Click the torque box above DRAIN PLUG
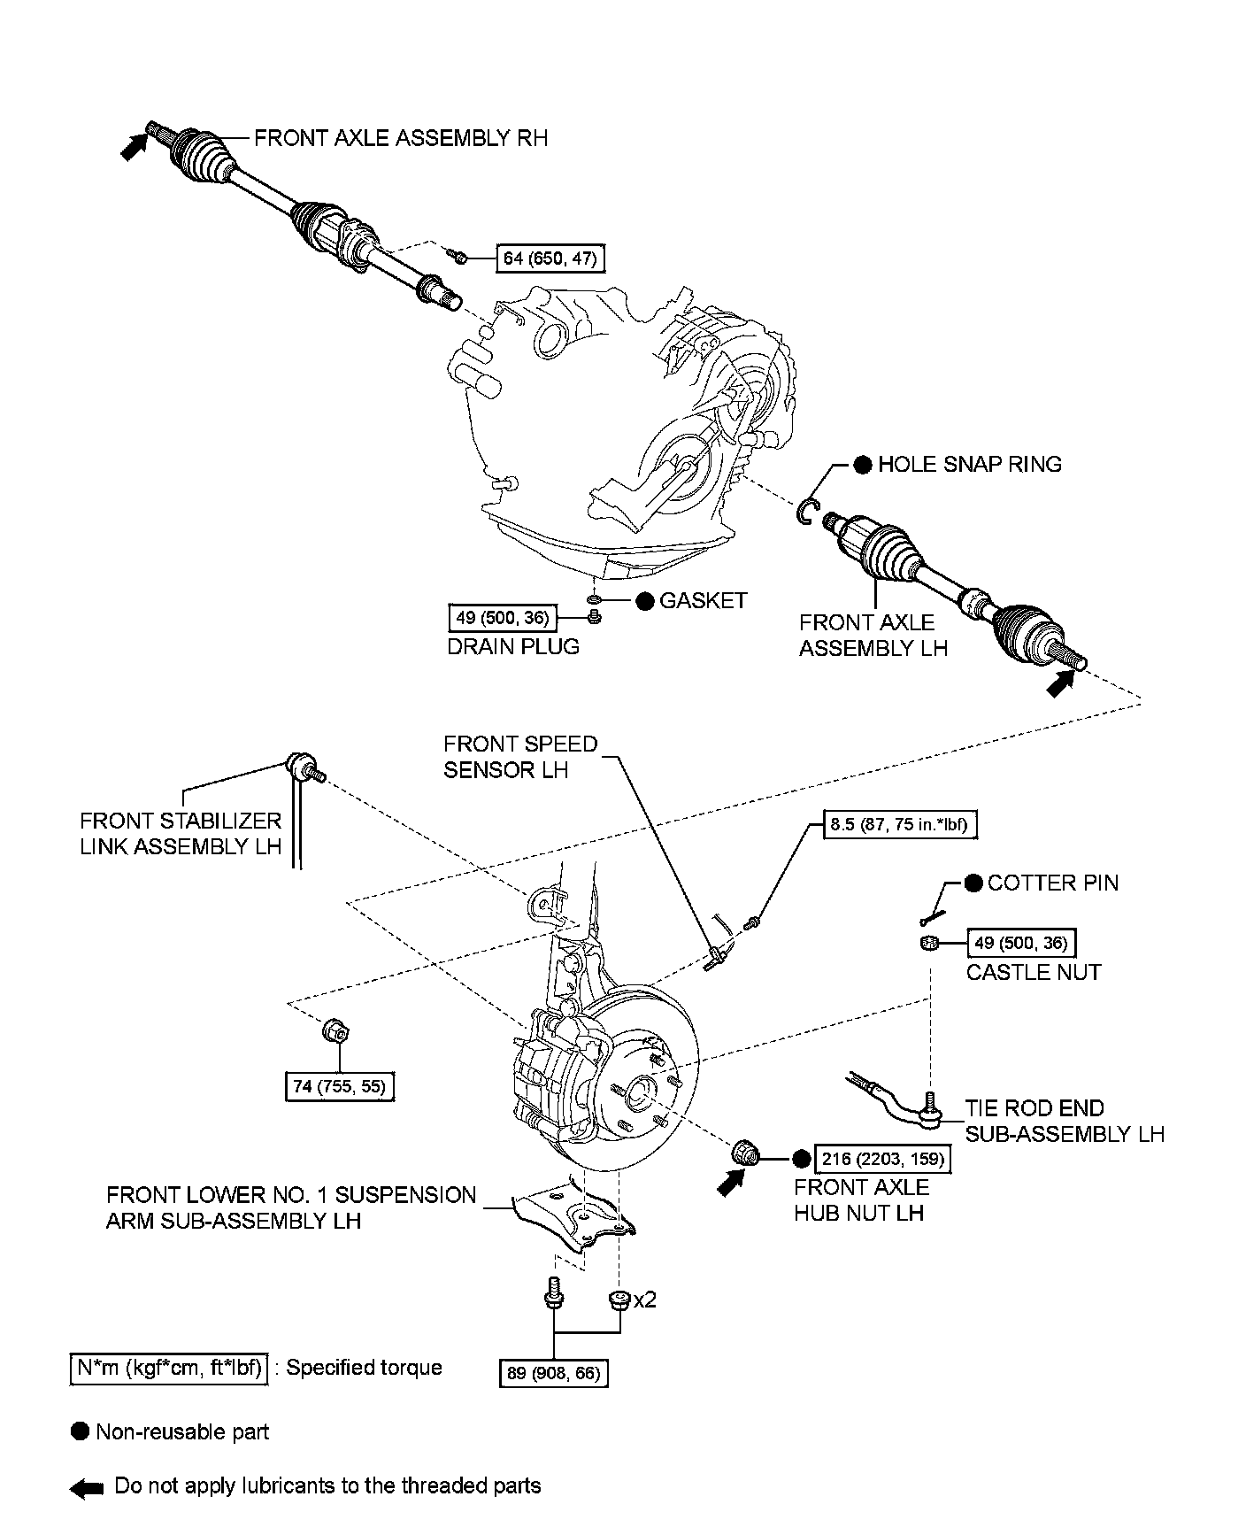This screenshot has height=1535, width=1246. [502, 617]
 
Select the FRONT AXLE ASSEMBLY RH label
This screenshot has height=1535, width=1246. [400, 138]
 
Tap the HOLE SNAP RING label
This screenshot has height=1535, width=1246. [969, 465]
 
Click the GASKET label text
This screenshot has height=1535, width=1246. [704, 601]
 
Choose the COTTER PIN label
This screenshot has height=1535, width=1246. [1052, 883]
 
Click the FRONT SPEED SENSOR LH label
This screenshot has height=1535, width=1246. [520, 757]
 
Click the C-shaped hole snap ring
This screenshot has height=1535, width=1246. [805, 512]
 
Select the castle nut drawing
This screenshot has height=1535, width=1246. [928, 944]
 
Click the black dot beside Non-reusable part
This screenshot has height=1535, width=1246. [81, 1432]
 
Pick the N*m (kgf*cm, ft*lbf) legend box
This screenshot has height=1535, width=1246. [168, 1368]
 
